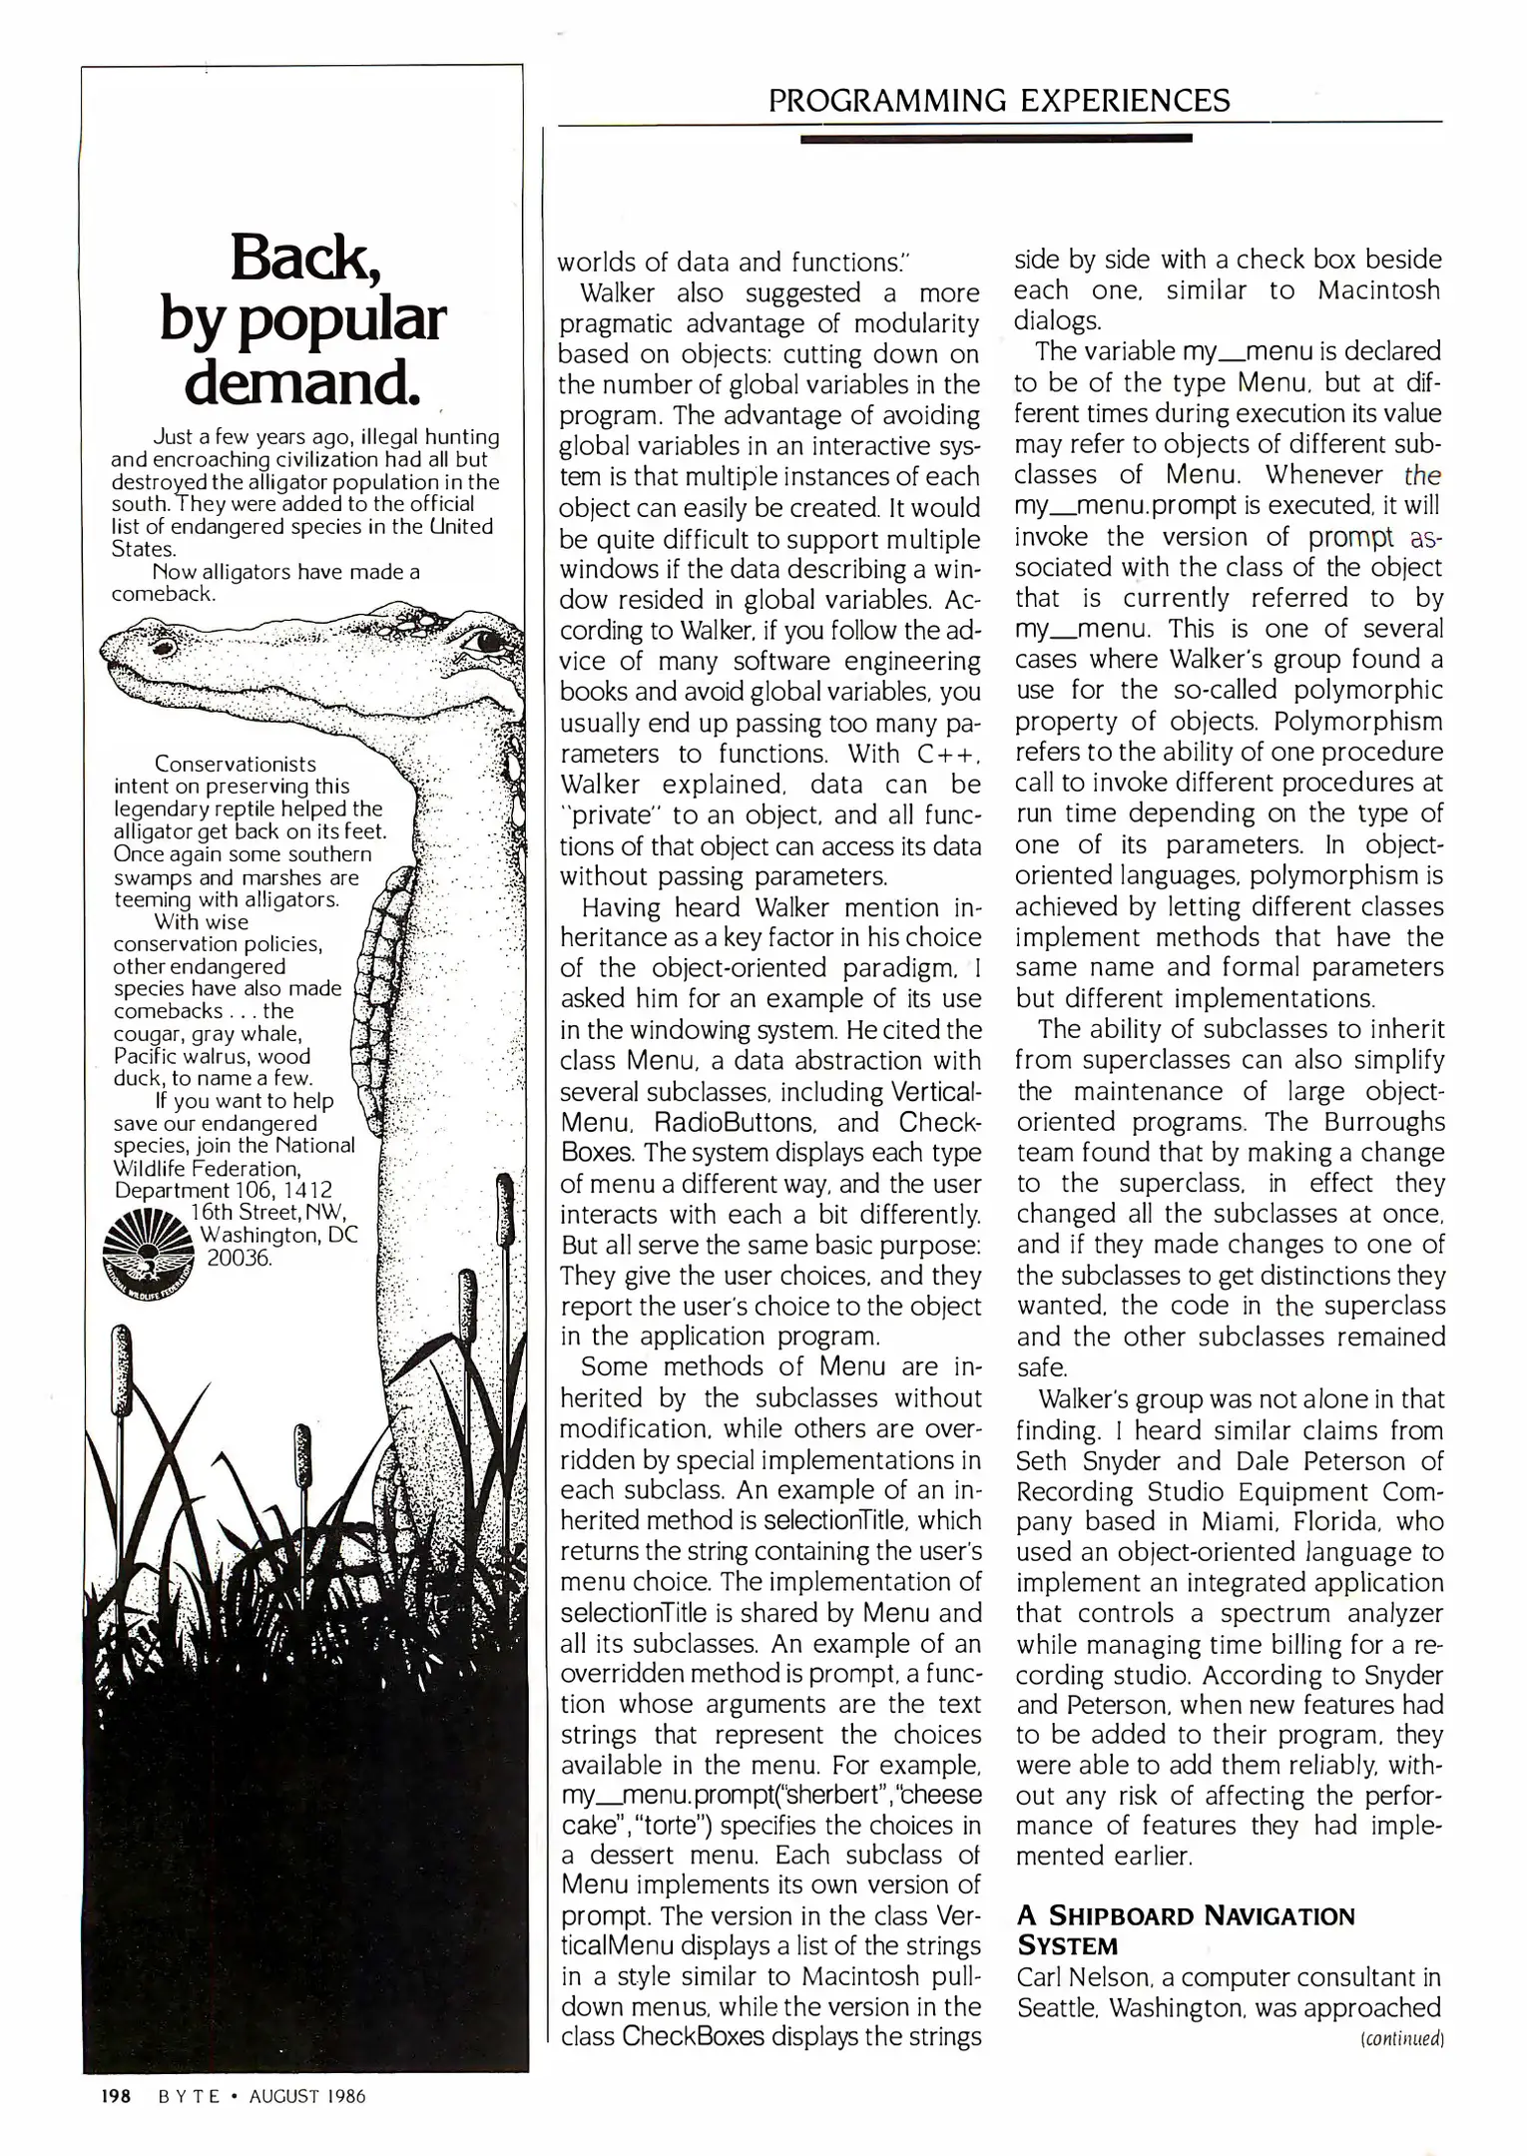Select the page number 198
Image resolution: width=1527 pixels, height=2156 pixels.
(116, 2096)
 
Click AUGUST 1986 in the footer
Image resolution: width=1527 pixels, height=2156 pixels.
(307, 2096)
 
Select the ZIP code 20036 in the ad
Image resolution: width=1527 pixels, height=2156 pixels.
(240, 1257)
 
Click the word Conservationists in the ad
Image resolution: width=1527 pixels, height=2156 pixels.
(236, 765)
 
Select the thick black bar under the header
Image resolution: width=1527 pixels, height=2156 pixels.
(996, 139)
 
